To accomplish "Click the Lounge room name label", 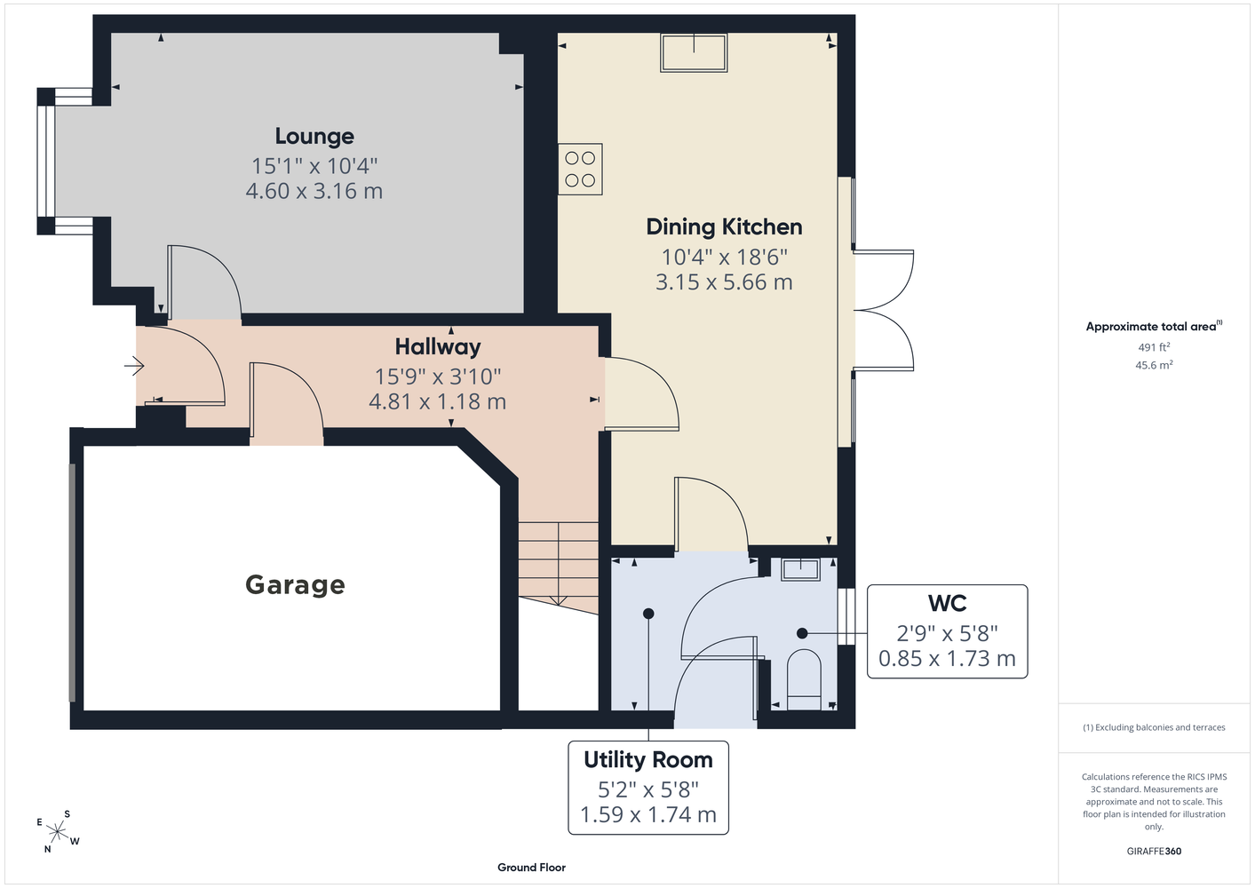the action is tap(314, 136).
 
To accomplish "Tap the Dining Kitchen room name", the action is tap(724, 227).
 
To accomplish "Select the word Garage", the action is tap(295, 585).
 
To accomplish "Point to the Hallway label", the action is tap(438, 347).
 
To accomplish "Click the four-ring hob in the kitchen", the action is tap(580, 170).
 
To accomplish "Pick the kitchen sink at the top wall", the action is tap(694, 52).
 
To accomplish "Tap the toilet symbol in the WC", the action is tap(804, 679).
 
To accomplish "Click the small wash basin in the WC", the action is tap(800, 569).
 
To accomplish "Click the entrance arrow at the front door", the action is tap(134, 367).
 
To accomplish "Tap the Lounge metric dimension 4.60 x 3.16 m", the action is tap(314, 191).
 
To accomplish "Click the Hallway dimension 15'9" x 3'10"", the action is tap(438, 377).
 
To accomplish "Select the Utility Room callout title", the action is tap(648, 760).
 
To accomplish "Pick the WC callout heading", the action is tap(948, 603).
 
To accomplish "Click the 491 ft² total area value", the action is tap(1154, 347).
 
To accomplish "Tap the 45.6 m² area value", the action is tap(1154, 365).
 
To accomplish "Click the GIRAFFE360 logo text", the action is tap(1154, 851).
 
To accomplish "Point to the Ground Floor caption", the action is tap(532, 868).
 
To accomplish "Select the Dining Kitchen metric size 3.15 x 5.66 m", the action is tap(724, 281).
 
